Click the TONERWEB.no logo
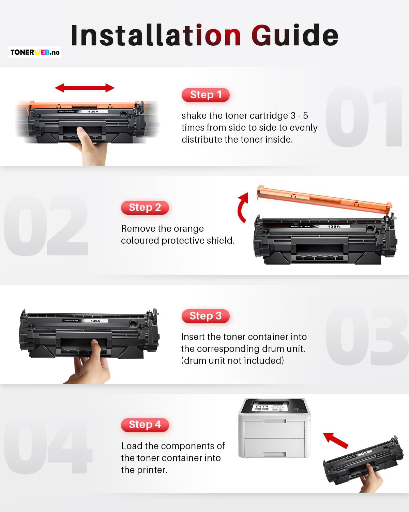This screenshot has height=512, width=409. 35,52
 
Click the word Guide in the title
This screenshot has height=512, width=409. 295,35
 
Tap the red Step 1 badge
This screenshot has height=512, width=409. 206,95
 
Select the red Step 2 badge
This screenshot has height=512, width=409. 145,208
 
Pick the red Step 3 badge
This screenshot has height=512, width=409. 206,316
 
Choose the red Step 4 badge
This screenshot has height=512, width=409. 145,425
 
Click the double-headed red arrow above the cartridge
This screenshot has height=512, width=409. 85,88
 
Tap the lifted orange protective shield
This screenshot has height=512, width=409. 324,199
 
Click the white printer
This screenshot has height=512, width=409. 274,428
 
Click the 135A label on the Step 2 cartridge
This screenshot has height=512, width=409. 334,226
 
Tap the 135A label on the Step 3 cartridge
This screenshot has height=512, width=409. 95,321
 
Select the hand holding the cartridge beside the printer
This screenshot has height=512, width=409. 371,479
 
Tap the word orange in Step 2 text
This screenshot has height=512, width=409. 188,229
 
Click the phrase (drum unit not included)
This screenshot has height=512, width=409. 233,360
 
